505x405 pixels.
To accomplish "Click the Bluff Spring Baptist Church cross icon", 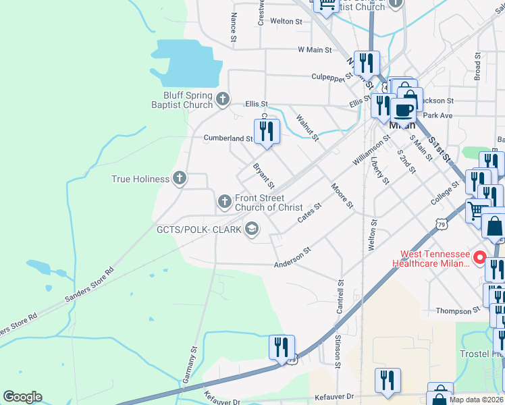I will (223, 101).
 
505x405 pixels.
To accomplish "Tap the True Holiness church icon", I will (179, 179).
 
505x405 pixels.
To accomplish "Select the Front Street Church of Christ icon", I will (224, 201).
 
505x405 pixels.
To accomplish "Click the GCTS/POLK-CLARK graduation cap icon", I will (252, 230).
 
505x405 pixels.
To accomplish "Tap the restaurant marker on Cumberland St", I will (266, 131).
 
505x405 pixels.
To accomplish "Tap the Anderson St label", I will (292, 257).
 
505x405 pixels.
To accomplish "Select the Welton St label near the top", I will (286, 22).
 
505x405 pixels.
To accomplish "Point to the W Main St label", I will (315, 50).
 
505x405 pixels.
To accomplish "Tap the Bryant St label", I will (263, 175).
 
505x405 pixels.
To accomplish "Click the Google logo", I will (22, 397).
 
